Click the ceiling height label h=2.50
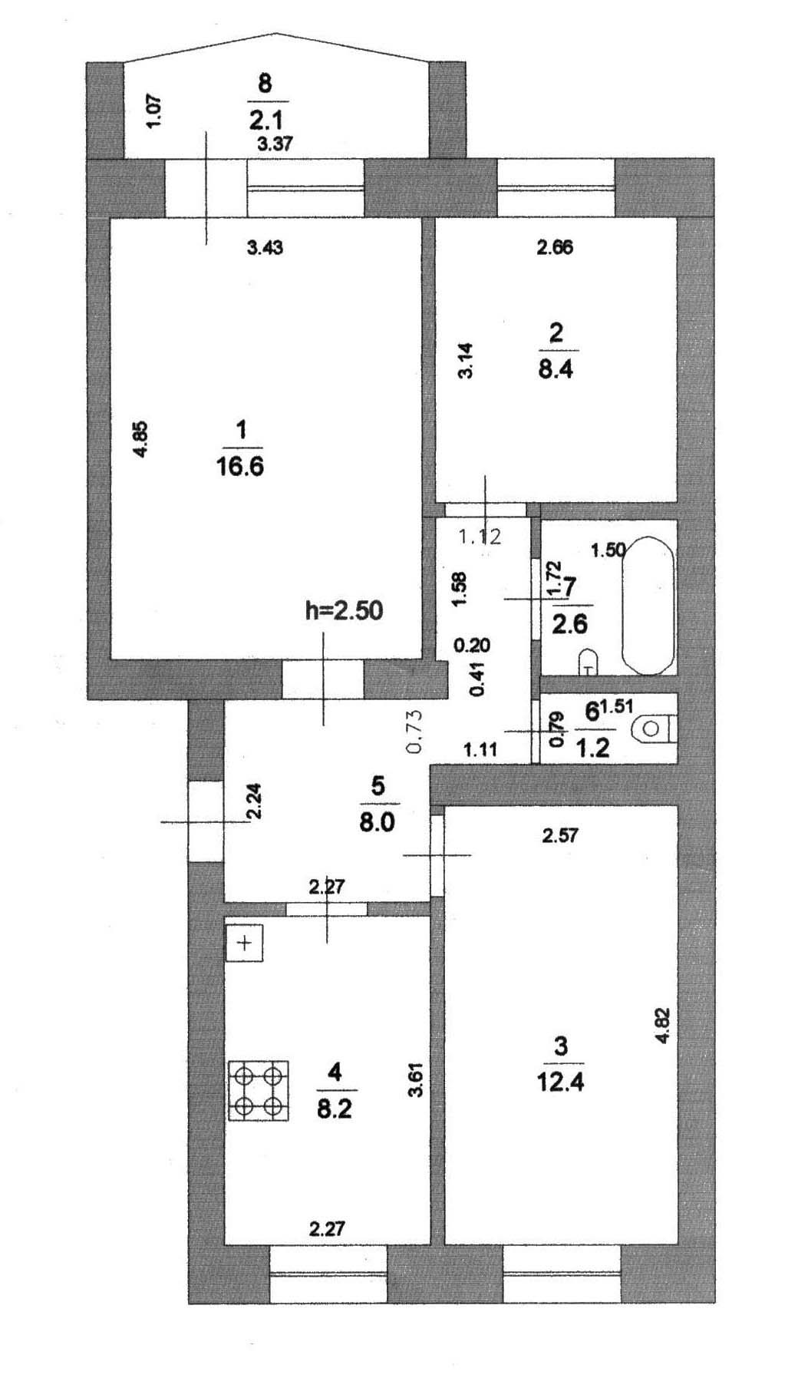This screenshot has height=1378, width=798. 344,610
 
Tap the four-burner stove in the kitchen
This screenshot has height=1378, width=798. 259,1090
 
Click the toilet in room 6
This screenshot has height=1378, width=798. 653,729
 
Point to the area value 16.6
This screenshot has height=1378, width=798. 240,466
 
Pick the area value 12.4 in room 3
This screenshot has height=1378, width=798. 560,1082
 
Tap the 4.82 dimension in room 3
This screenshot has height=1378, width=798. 664,1025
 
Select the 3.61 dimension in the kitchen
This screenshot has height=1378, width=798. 416,1079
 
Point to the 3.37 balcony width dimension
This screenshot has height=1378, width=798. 275,144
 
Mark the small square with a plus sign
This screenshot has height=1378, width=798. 245,943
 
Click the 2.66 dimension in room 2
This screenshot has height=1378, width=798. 555,247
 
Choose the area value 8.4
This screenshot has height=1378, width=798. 556,369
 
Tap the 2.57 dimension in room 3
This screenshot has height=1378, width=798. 560,835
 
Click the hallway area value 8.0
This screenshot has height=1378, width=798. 376,822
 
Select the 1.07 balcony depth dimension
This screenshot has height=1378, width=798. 153,111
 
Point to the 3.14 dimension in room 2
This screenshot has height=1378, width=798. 465,361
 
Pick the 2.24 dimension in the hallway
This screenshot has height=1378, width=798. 254,801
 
